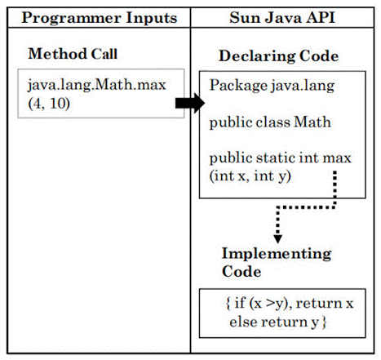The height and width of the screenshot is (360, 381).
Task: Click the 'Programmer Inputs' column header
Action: pos(100,18)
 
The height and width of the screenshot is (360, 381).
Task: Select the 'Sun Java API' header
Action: pos(282,18)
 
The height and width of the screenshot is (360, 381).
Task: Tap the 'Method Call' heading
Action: pos(73,54)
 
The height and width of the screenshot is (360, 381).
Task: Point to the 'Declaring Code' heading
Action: pos(279,56)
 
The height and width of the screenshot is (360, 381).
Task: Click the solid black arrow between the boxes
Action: pos(190,103)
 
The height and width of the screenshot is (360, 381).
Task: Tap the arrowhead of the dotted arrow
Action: pos(277,238)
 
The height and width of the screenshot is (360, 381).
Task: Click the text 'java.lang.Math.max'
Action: pos(97,85)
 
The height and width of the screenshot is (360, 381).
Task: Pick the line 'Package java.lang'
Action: pos(272,86)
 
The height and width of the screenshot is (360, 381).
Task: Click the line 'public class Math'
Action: pos(270,122)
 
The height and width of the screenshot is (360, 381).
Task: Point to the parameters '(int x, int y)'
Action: pos(250,176)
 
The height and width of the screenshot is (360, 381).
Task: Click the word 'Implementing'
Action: pos(277,254)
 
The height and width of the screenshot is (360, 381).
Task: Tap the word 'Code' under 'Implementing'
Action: pos(241,272)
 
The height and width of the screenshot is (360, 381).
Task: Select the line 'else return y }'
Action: pos(277,322)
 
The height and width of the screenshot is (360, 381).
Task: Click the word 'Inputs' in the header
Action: pos(152,18)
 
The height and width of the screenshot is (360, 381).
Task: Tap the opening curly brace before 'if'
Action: pos(228,304)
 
